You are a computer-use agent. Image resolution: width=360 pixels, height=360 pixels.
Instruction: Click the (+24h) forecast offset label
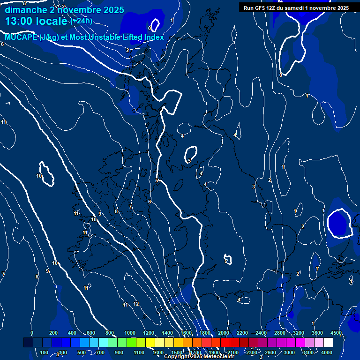pos(81,21)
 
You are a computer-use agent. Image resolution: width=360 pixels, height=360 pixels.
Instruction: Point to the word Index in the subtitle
pos(153,37)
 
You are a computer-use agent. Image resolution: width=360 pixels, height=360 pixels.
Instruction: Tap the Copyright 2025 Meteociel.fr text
pos(199,356)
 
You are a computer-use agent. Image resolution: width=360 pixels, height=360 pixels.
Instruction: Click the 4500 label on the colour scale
pos(336,333)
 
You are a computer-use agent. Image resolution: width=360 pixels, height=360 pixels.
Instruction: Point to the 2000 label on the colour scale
pos(223,333)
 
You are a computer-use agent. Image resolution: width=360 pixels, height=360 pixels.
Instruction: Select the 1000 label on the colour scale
pos(129,333)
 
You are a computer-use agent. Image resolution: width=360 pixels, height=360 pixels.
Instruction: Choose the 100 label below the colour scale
pos(45,352)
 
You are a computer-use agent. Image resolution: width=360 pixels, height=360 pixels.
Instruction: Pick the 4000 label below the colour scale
pos(327,352)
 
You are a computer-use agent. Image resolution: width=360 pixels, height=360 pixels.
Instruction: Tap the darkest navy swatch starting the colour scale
pos(28,343)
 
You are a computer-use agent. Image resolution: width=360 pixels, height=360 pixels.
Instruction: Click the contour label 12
pos(136,304)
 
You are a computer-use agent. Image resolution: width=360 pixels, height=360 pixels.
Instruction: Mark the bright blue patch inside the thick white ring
pos(338,223)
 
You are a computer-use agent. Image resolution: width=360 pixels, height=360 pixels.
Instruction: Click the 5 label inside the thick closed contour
pos(189,161)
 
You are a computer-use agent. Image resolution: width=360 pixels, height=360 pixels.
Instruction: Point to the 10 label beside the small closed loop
pos(39,176)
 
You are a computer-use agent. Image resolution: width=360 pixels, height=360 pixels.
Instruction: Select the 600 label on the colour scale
pos(91,333)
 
